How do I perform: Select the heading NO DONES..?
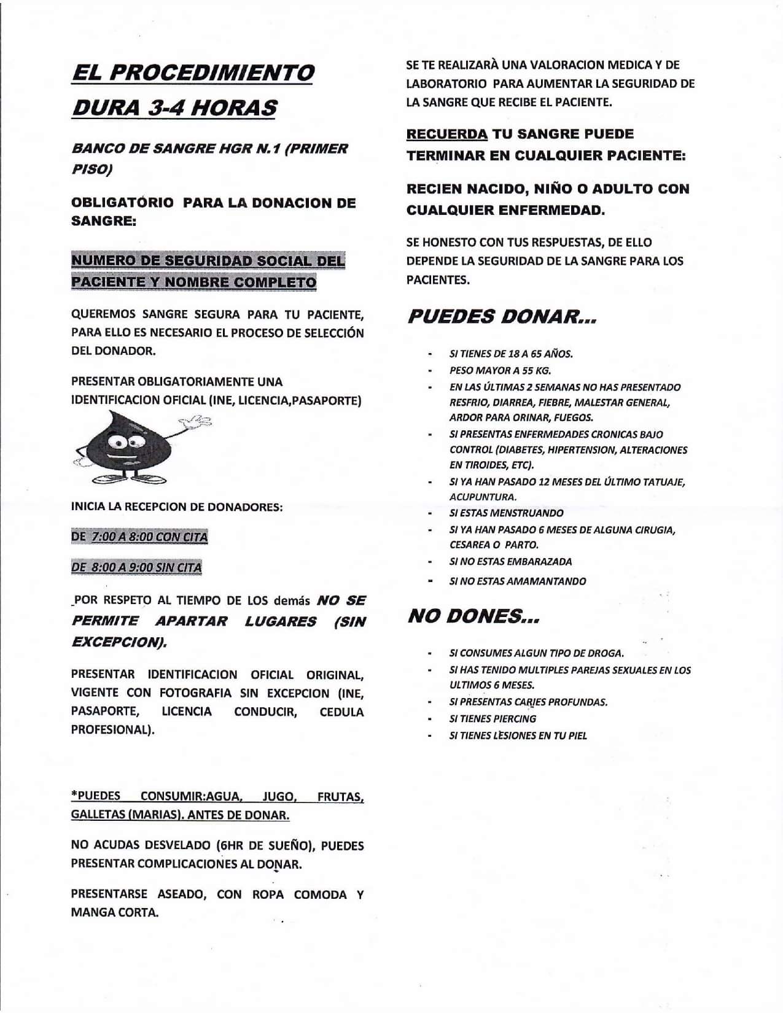473,617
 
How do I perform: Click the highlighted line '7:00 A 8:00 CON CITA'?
149,537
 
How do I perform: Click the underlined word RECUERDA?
447,134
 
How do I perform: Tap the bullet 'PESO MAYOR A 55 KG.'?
500,370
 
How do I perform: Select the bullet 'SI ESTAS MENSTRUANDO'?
506,513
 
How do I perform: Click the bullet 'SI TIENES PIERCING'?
493,718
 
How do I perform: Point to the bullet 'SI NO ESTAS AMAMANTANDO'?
518,581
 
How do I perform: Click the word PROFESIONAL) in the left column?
112,730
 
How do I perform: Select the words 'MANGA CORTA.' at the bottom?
115,912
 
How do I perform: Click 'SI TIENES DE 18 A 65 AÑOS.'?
511,354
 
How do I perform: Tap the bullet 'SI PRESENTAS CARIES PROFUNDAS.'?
528,702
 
